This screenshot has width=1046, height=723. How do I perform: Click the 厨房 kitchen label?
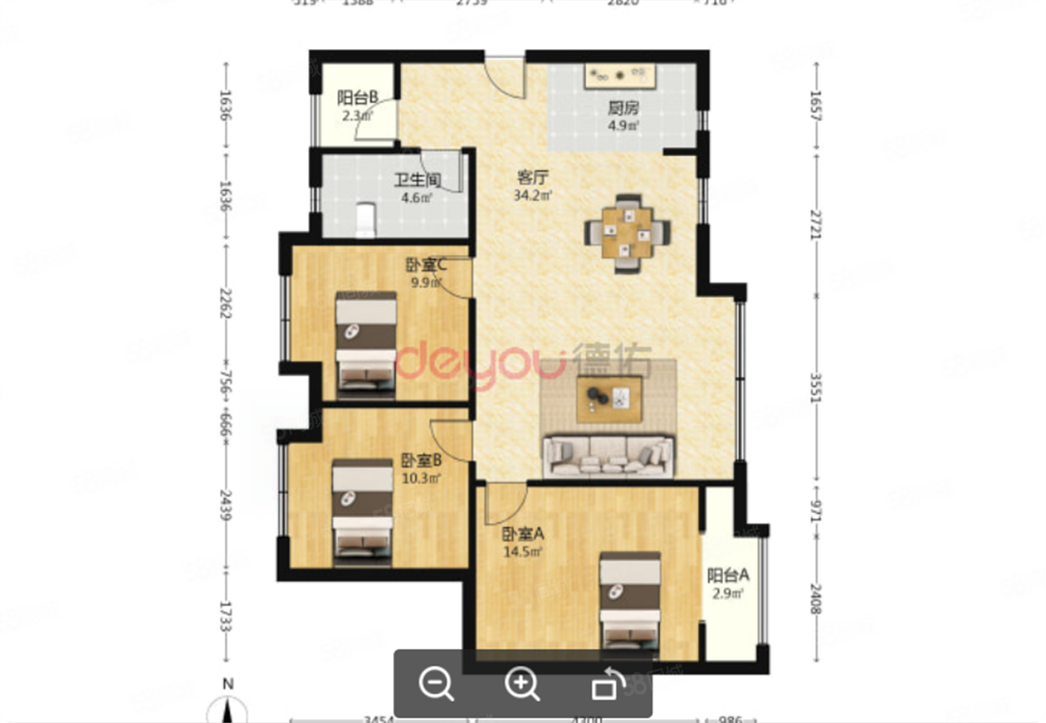623,108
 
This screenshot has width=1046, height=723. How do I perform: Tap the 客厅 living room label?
532,177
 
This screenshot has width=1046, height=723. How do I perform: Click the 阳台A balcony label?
727,575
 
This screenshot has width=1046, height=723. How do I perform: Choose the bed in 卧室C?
366,337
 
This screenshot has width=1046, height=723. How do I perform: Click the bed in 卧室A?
629,600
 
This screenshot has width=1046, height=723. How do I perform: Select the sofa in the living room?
609,456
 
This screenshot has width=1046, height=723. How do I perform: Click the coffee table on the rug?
609,399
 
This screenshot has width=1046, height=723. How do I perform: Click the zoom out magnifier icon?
436,684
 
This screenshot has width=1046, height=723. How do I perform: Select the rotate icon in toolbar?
607,684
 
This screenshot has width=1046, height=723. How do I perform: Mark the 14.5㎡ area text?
523,551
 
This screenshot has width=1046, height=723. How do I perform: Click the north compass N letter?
230,684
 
